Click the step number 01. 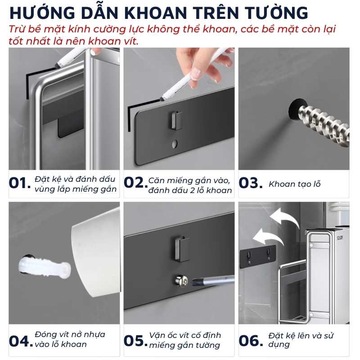[x=20, y=183]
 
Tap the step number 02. [x=135, y=183]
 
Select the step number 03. [x=251, y=183]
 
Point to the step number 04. [x=21, y=341]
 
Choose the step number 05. [x=135, y=341]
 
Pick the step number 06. [x=251, y=341]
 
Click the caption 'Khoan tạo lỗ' [x=294, y=184]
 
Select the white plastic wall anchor [x=44, y=267]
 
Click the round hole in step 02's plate [x=175, y=144]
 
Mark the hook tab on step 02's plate [x=176, y=120]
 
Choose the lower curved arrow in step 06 [x=269, y=237]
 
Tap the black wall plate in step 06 [x=258, y=256]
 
